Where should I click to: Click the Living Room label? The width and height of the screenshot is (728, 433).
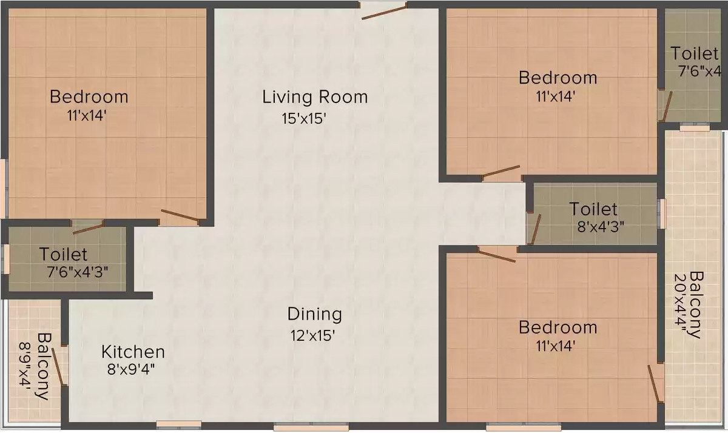coord(315,96)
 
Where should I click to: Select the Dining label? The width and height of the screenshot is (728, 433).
coord(314,314)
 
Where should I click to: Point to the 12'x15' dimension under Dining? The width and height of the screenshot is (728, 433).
coord(312,335)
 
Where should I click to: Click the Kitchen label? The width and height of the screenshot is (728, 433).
coord(133,352)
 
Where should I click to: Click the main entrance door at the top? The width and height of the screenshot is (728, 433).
coord(384,11)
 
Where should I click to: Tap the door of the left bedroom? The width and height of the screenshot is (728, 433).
coord(180,215)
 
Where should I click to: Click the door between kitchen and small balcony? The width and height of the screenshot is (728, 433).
coord(58,366)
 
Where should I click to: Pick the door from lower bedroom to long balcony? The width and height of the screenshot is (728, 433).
coord(655,383)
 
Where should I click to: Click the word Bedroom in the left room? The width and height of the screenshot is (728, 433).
coord(89,96)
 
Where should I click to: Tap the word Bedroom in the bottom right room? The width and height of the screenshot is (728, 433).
coord(558,327)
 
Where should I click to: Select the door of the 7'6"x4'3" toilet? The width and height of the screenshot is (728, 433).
coord(88,228)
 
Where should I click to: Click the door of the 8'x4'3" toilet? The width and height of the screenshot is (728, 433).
coord(535,229)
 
